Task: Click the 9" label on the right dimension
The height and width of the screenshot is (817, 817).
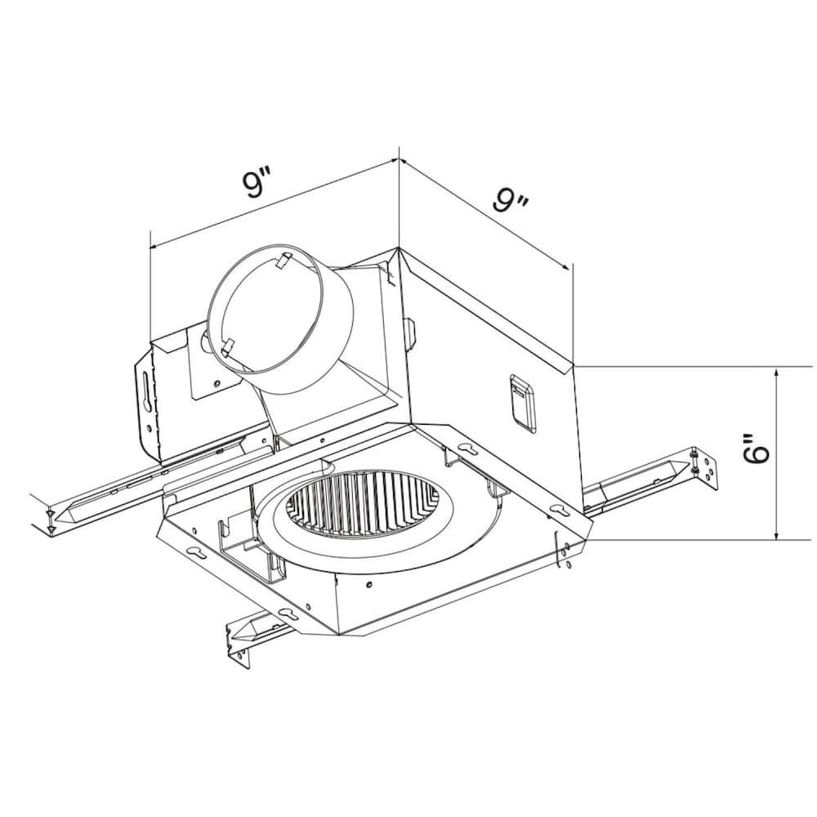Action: [x=512, y=199]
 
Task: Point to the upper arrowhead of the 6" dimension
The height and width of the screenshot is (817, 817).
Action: [x=777, y=375]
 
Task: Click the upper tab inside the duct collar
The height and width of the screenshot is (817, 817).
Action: [x=283, y=261]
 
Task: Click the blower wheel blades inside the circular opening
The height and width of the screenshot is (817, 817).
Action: [x=355, y=507]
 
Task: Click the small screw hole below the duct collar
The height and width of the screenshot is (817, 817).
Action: [x=217, y=382]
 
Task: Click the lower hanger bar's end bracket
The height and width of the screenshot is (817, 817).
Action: [x=239, y=641]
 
